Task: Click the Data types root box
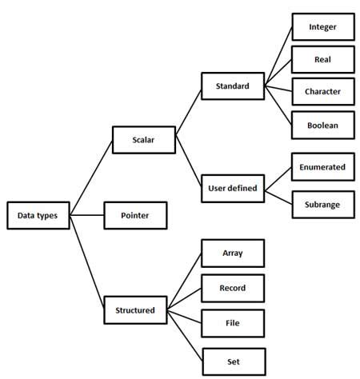click(x=38, y=215)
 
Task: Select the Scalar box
click(x=143, y=140)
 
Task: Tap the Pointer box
click(x=137, y=216)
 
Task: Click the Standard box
click(x=233, y=86)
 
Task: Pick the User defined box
click(x=233, y=189)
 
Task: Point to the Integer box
click(x=322, y=26)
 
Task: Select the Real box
click(x=322, y=59)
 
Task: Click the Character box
click(x=322, y=91)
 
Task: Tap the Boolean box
click(x=322, y=125)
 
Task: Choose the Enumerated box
click(x=322, y=167)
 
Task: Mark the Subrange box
click(x=322, y=205)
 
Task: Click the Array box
click(x=233, y=253)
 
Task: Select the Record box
click(x=233, y=288)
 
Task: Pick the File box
click(x=233, y=324)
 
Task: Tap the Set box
click(x=233, y=361)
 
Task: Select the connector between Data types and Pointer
click(x=87, y=216)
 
